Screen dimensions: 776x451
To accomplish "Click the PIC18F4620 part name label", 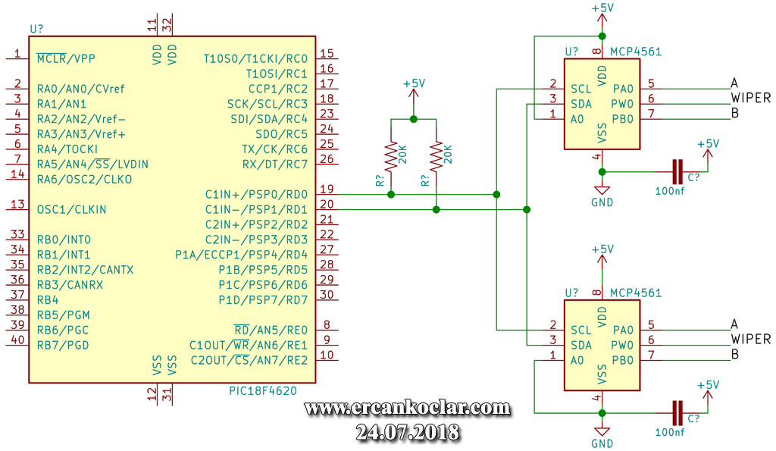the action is coord(263,390).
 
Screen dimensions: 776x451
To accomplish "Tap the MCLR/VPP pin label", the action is coord(66,58).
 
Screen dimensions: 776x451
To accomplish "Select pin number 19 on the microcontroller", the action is coord(327,189).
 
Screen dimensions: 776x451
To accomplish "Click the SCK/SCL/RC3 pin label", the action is coord(268,104).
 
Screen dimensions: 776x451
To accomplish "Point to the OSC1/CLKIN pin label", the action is coord(72,209).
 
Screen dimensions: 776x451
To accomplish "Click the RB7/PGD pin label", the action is coord(63,345).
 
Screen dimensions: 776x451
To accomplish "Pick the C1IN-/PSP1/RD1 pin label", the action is coord(256,209).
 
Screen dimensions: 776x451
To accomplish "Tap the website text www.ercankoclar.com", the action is coord(407,408).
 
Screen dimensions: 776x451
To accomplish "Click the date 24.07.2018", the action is coord(407,432).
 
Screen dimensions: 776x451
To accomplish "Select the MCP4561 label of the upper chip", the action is coord(636,52).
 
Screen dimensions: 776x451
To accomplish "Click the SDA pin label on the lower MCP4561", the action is coord(581,345).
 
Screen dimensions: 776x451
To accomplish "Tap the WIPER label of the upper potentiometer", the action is coord(751,98).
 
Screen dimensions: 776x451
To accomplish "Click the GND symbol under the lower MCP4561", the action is coord(602,432).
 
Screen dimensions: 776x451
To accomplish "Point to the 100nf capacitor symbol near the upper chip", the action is coord(677,172).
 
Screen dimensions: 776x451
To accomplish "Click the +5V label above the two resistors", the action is coord(414,83).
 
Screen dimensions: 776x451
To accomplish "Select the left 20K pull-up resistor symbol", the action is coord(391,156).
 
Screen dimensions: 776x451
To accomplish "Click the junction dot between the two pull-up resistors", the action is coord(414,119).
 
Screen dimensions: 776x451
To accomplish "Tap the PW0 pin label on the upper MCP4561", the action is coord(623,104).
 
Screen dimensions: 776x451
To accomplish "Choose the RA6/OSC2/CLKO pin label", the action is coord(84,179).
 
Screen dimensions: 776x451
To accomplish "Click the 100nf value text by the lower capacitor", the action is coord(670,432).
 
